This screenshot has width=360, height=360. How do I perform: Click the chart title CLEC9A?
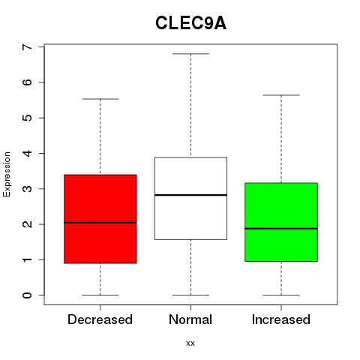[x=190, y=23]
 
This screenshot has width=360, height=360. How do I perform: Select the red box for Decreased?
[x=100, y=219]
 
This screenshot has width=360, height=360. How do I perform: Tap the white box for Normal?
[x=190, y=198]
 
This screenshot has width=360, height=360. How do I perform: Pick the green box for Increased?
[x=281, y=222]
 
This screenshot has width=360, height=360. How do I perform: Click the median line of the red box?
[x=100, y=223]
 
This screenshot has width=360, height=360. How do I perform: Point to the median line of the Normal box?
[x=190, y=195]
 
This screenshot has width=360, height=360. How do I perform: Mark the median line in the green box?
[x=281, y=229]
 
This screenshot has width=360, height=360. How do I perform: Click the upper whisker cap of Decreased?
[x=100, y=99]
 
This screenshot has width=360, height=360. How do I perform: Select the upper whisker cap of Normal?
[x=190, y=54]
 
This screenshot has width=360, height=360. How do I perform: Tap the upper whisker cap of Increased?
[x=281, y=95]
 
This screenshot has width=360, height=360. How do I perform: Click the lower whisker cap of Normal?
[x=190, y=295]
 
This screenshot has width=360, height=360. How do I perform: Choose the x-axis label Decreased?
[x=100, y=319]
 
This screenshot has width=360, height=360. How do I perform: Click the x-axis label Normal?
[x=190, y=319]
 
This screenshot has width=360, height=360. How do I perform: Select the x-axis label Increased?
[x=281, y=319]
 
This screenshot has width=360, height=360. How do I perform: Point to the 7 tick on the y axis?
[x=41, y=46]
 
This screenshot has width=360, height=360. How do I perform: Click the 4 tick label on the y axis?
[x=28, y=153]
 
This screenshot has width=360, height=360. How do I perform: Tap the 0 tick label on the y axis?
[x=28, y=295]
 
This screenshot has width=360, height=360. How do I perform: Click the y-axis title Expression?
[x=7, y=174]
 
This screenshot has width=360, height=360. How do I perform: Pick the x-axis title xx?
[x=190, y=343]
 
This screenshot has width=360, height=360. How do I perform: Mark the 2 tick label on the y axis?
[x=28, y=224]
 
